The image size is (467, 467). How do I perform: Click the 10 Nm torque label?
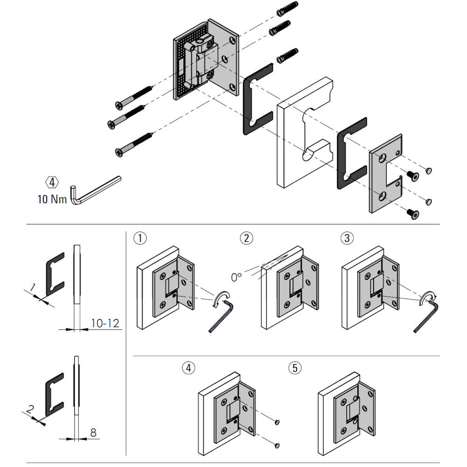(52, 199)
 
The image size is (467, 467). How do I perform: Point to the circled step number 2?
(246, 238)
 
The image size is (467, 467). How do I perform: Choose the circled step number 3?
(346, 238)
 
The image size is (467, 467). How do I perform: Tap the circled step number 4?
(188, 368)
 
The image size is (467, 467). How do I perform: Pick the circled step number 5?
(294, 368)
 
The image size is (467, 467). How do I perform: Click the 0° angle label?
(237, 276)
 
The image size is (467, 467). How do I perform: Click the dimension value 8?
(93, 432)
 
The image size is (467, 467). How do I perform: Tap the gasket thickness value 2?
(30, 410)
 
